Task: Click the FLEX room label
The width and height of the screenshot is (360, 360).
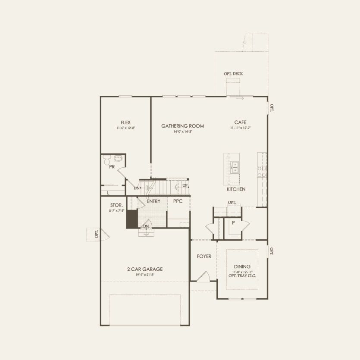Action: pos(126,122)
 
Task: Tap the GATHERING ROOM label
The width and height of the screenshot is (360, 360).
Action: pos(182,126)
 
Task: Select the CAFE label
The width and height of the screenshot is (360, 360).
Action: pos(240,122)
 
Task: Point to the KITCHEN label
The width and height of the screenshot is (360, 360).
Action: pos(236,189)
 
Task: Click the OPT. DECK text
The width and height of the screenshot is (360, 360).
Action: pos(233,74)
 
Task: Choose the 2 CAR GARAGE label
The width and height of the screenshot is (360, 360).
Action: pos(145,269)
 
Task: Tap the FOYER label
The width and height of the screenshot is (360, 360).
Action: pos(204,257)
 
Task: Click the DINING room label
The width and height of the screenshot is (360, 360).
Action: pos(242,267)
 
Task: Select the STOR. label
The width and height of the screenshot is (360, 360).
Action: pos(117,205)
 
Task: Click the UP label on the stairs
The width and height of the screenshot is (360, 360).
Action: pos(185,185)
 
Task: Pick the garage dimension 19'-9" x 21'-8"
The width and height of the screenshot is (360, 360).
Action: pos(145,274)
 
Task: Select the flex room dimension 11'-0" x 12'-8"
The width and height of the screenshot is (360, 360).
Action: pos(126,128)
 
